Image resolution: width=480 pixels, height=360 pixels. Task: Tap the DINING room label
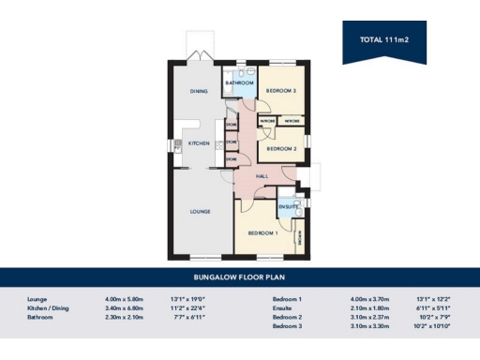point(198,91)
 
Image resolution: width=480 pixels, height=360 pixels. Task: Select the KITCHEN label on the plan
point(198,143)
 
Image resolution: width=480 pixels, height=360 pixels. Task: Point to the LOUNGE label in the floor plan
point(200,212)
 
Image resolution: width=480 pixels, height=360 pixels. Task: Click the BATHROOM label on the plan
point(239,83)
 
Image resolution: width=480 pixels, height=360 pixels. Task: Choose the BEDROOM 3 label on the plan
point(280,90)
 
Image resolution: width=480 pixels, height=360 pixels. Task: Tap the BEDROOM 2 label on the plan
point(280,148)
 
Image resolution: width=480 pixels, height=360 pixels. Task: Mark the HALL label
point(262,175)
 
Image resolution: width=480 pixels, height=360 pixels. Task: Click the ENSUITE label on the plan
point(287,206)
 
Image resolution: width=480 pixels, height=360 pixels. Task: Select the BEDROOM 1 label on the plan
point(262,232)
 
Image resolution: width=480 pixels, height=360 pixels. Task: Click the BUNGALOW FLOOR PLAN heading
point(240,277)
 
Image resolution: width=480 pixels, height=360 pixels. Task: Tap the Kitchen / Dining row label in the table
point(51,307)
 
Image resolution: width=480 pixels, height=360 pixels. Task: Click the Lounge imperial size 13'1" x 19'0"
point(186,299)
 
